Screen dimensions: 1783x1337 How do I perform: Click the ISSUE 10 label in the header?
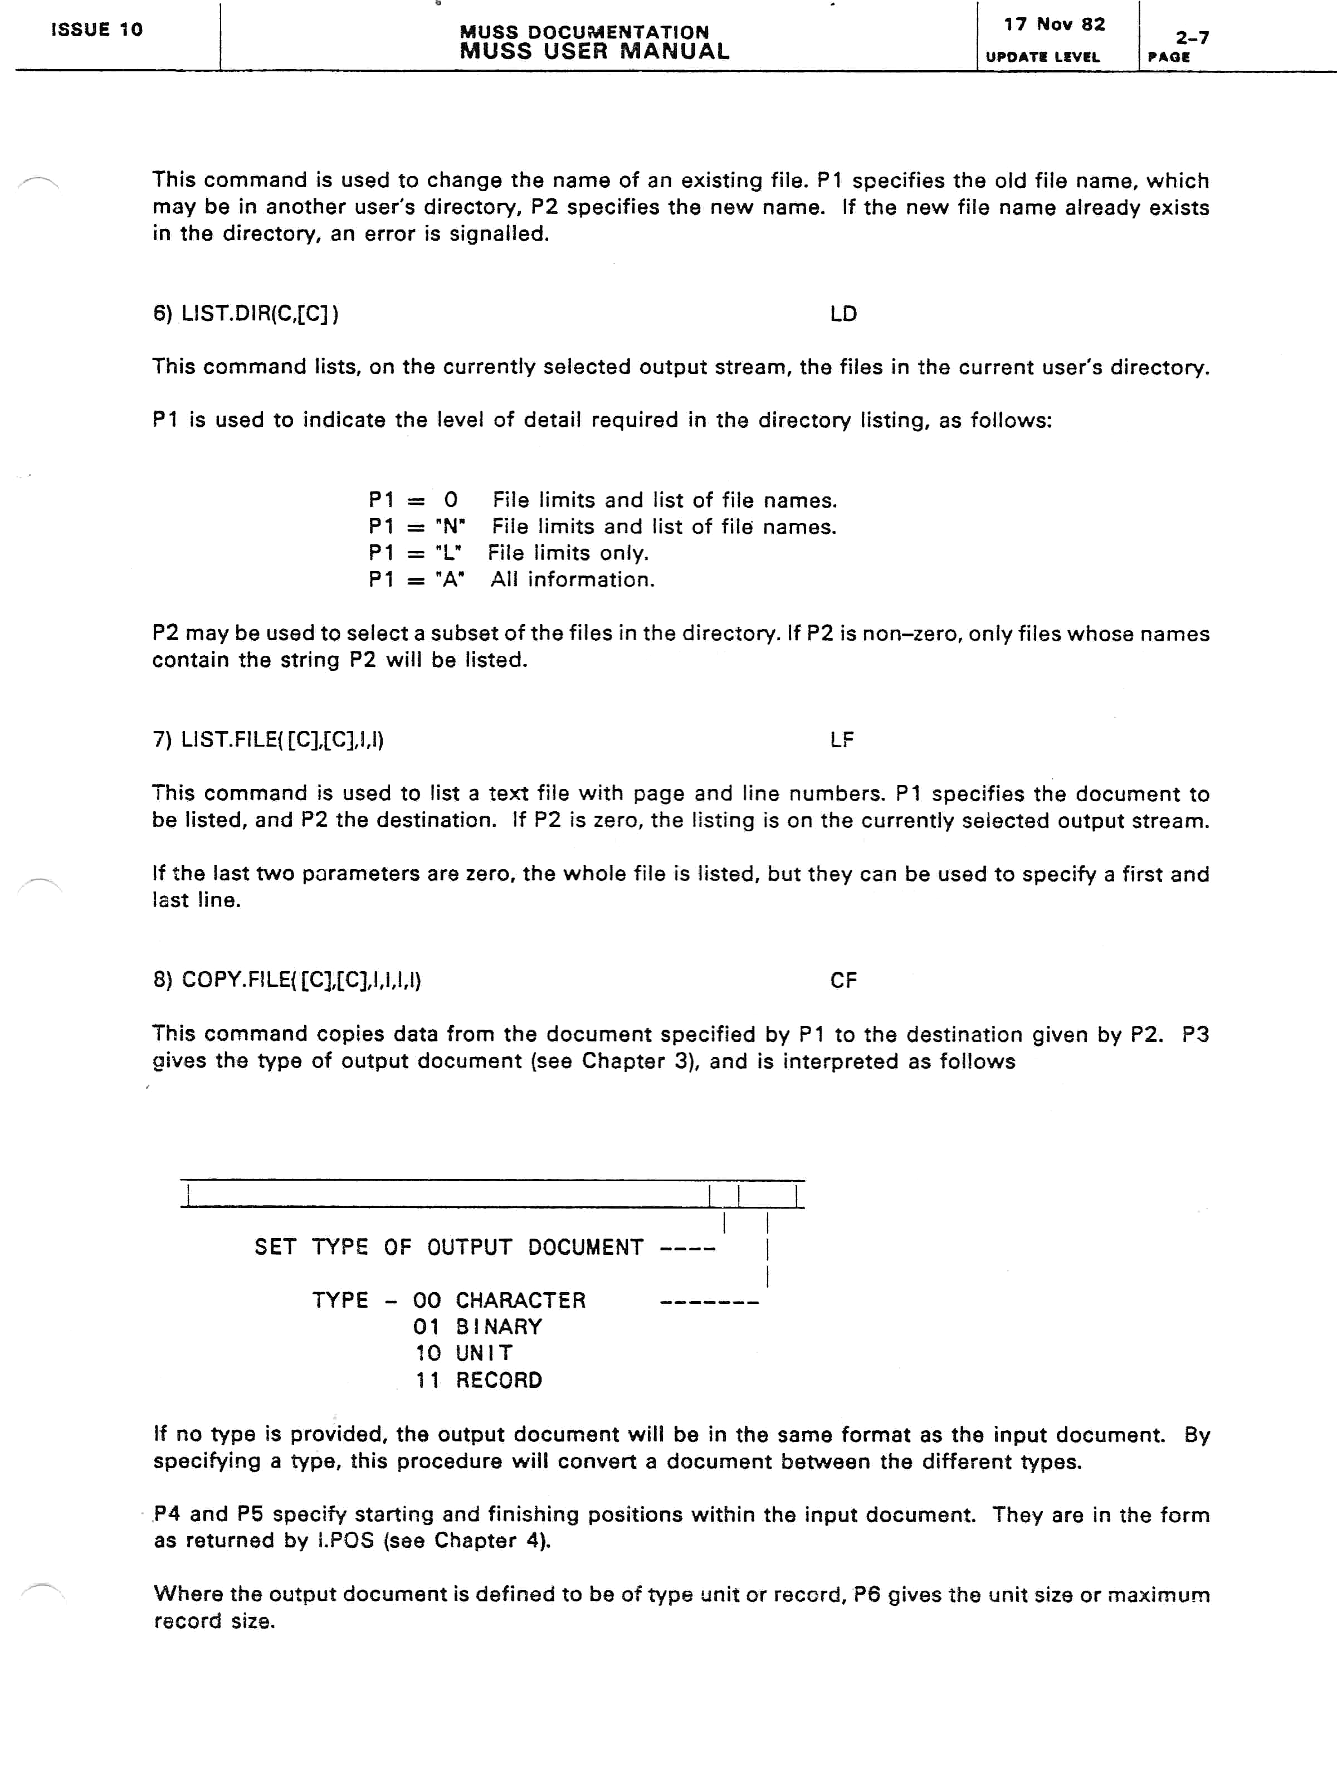click(97, 30)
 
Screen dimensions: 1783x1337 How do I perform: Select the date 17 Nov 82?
click(1054, 24)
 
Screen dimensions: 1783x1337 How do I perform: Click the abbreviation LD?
click(843, 314)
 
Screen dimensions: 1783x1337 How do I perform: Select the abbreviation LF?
click(841, 739)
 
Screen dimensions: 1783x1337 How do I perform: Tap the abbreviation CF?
click(843, 980)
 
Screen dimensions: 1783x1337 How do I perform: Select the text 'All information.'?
click(572, 579)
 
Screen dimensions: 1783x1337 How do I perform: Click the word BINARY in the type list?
click(499, 1327)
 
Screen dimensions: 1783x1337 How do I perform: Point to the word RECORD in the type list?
click(499, 1380)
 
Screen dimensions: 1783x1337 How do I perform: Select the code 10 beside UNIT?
click(427, 1353)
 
